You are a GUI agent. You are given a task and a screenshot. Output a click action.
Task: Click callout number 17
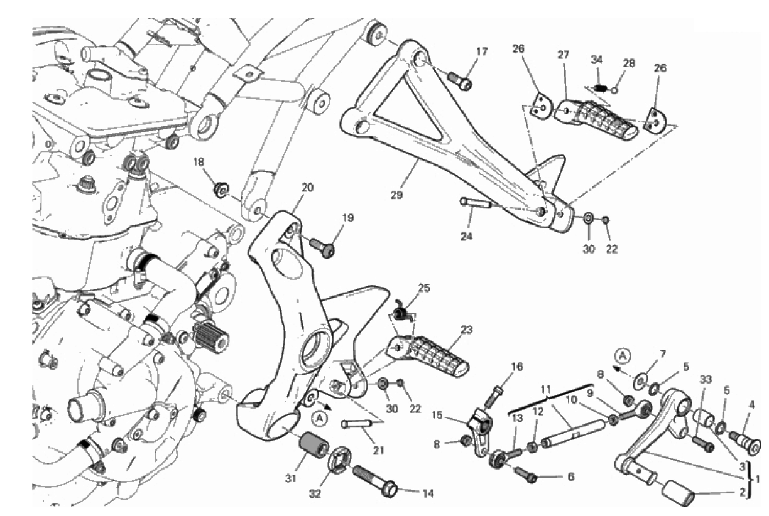point(481,51)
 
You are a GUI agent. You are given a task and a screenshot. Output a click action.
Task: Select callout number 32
point(314,494)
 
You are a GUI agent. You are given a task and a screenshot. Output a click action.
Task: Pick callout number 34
point(596,60)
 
